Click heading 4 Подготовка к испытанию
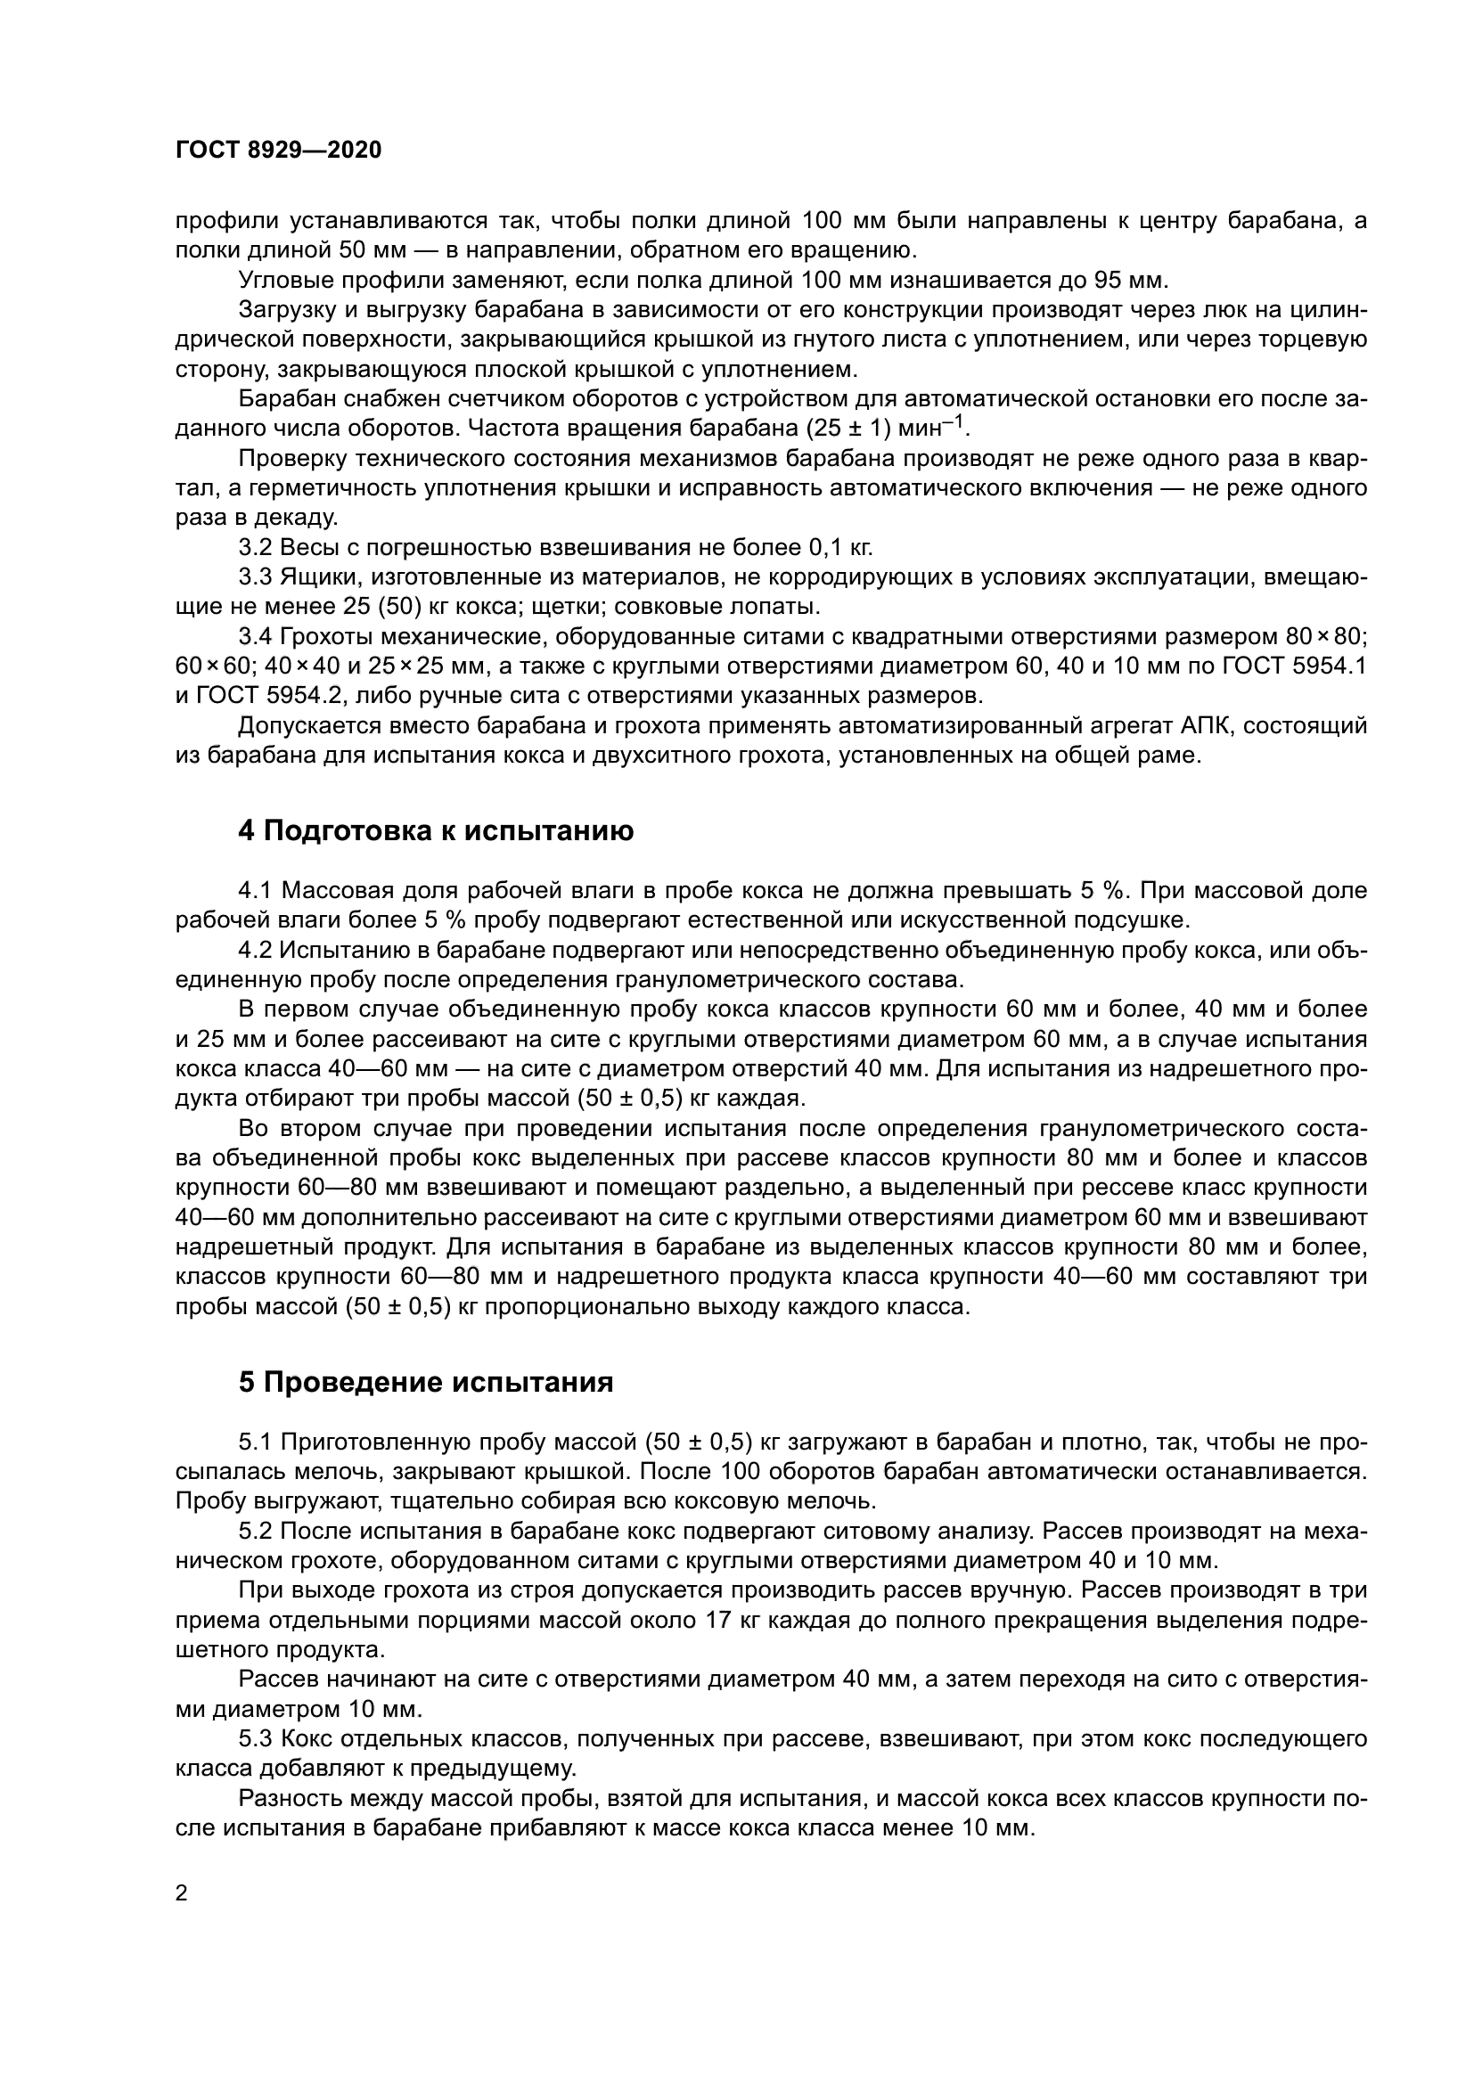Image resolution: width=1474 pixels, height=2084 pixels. click(436, 830)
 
